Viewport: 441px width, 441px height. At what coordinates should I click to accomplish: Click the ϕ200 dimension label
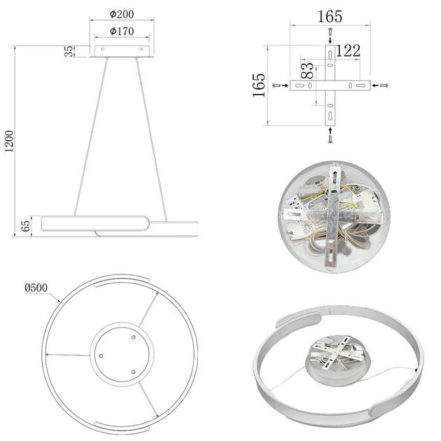[x=122, y=14]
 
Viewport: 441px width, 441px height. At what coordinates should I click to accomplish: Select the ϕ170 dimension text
[x=122, y=31]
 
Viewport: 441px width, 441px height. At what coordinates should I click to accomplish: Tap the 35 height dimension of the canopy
[x=69, y=51]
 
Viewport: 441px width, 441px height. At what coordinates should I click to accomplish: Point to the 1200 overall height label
[x=9, y=141]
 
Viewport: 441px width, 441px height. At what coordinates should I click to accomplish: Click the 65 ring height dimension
[x=26, y=226]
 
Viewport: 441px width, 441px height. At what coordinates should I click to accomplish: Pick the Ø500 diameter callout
[x=36, y=288]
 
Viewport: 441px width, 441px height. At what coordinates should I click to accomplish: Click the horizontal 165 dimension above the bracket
[x=330, y=17]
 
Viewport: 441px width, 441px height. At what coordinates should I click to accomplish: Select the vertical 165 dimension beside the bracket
[x=259, y=85]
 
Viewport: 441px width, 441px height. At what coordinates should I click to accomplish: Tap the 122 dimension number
[x=348, y=51]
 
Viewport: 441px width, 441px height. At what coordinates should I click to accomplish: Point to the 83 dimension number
[x=307, y=71]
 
